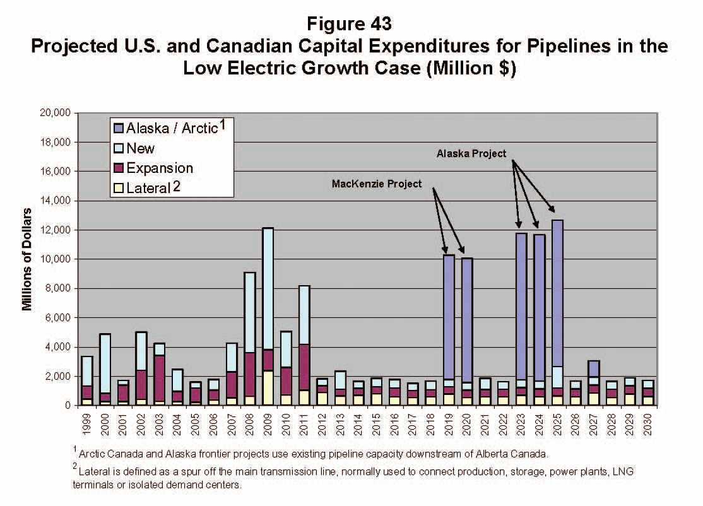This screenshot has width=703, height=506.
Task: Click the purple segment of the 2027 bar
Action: tap(594, 368)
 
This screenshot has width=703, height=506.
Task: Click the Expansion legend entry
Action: tap(160, 168)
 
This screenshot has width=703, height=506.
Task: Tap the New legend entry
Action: tap(140, 149)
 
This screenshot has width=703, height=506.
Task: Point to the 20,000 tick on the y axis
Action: tap(56, 114)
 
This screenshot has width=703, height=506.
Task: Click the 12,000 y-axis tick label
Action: tap(56, 230)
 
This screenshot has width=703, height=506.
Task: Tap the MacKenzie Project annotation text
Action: tap(376, 183)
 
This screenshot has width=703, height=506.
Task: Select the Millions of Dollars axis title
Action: tap(27, 259)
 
